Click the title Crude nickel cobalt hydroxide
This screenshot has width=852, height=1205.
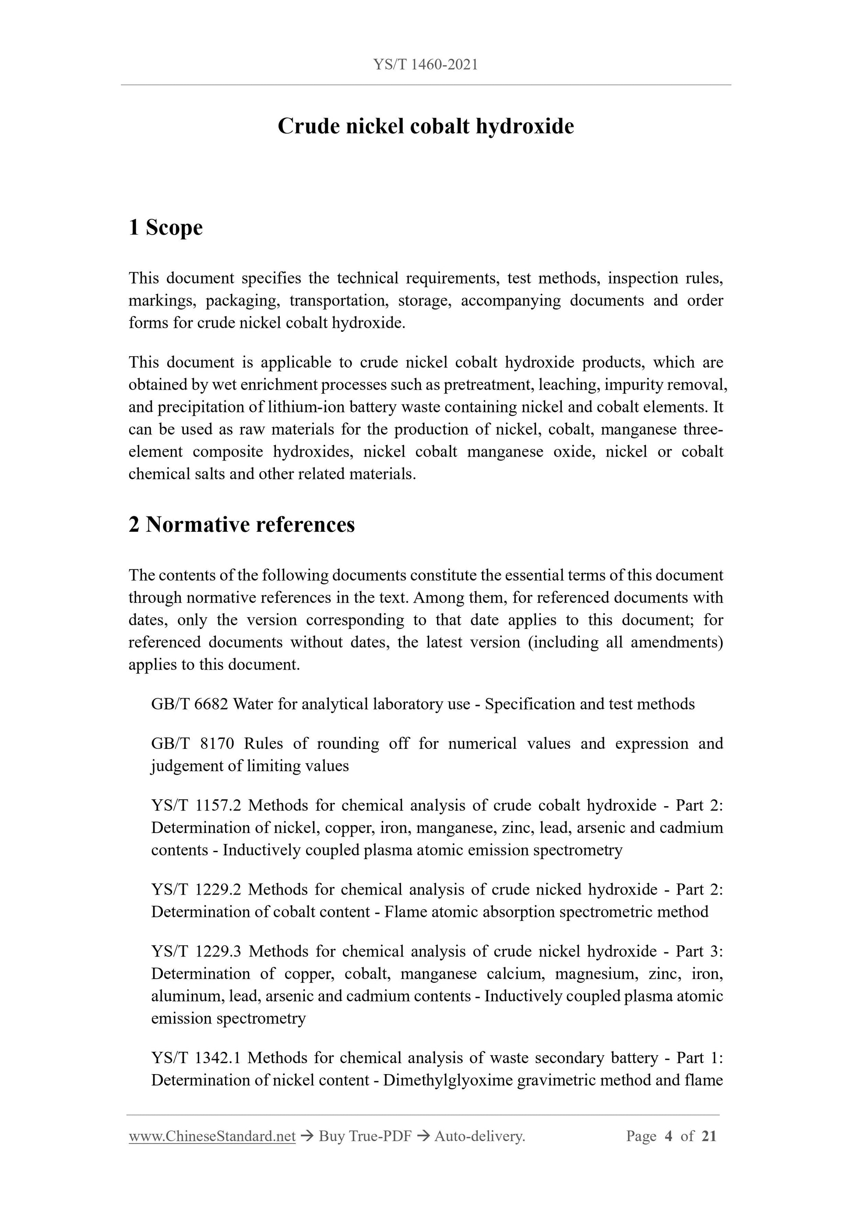pos(426,126)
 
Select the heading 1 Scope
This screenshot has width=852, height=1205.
pos(165,228)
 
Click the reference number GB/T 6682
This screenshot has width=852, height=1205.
pos(190,704)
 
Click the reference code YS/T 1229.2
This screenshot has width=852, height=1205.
pos(196,889)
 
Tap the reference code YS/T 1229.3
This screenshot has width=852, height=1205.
pos(196,952)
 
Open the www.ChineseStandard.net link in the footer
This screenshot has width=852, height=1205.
pos(212,1136)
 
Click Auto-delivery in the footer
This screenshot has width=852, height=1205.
pos(479,1136)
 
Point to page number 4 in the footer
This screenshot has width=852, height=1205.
pos(668,1136)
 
